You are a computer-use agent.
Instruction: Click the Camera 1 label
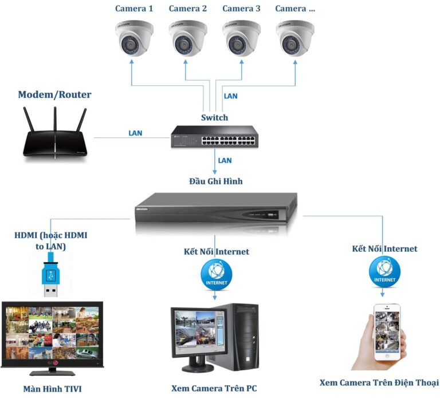(134, 9)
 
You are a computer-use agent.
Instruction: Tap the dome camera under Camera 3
(241, 38)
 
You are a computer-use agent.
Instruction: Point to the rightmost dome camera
(295, 38)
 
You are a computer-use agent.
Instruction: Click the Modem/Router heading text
(54, 94)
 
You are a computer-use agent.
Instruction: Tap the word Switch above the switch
(214, 117)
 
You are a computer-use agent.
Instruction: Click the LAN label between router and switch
(135, 133)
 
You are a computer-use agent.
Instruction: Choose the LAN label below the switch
(225, 160)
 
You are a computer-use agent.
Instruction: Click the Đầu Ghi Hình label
(216, 181)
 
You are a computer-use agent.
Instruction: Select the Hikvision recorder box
(216, 211)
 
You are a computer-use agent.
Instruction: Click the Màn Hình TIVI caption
(52, 389)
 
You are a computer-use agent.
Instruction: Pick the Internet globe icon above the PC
(216, 274)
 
